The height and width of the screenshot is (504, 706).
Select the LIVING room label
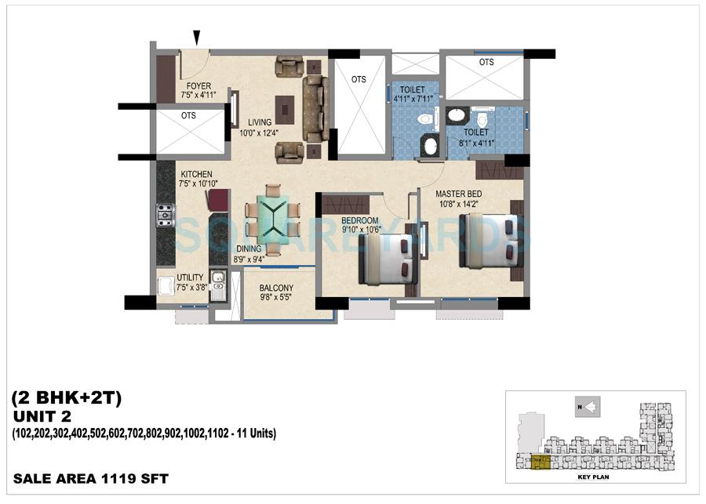pos(260,122)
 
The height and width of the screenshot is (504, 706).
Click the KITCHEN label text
pos(196,174)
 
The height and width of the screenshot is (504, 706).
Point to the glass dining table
pos(271,217)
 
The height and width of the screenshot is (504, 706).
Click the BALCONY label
pos(276,288)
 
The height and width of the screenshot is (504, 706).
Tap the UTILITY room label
pos(190,277)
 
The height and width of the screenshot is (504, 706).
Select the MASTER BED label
pos(459,194)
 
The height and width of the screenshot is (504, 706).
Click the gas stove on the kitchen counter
pos(166,215)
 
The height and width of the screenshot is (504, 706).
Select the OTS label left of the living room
pos(188,115)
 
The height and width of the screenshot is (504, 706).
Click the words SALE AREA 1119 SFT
pos(91,477)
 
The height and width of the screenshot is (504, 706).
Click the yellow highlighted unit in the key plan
pos(541,463)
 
